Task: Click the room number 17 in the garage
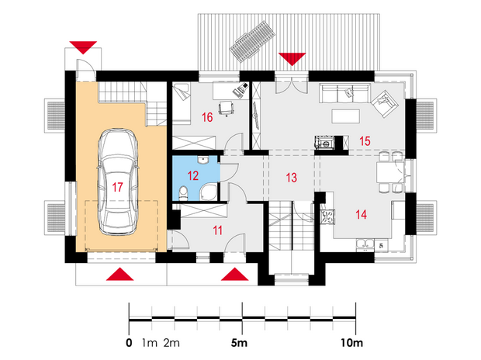coord(117,187)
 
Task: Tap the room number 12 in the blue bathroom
coord(193,176)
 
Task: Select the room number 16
coord(207,117)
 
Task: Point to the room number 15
coord(365,141)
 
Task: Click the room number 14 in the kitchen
coord(361,214)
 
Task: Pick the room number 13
coord(292,178)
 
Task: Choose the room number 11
coord(217,230)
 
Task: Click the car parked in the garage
coord(117,182)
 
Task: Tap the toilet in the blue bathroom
coord(183,192)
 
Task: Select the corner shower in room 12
coord(209,192)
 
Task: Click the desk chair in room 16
coord(227,109)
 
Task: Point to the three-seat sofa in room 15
coord(344,92)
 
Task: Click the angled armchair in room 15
coord(385,104)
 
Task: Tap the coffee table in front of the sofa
coord(346,116)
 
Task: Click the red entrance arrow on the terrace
coord(292,58)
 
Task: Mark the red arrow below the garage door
coord(120,274)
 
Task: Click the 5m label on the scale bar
coord(239,343)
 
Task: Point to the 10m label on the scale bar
coord(352,343)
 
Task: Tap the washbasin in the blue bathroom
coord(202,159)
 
